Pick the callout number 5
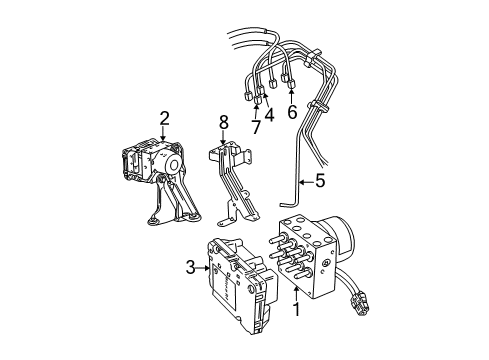coord(320,182)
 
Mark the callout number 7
coord(256,129)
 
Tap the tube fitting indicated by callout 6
coord(290,82)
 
